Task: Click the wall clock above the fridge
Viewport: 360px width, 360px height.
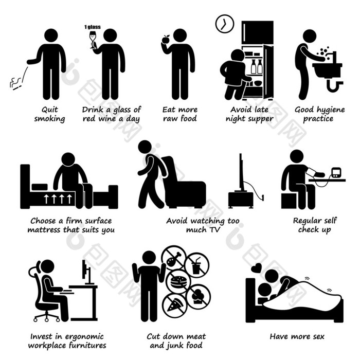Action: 225,24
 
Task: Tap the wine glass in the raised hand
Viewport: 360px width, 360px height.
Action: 93,40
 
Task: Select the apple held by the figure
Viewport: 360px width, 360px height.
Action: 165,39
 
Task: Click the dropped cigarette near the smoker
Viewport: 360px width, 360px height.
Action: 17,87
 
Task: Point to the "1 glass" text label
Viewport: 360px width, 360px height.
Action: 92,27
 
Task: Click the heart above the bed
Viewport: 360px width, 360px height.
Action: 256,268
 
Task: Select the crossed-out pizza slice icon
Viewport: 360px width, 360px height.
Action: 175,304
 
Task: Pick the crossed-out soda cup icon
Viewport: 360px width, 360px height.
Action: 197,265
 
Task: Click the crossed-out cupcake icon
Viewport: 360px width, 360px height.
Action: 198,296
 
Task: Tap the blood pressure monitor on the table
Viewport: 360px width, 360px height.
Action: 336,173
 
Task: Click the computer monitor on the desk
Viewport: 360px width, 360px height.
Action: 87,272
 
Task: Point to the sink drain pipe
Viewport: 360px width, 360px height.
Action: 335,85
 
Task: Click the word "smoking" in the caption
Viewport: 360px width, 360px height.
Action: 49,119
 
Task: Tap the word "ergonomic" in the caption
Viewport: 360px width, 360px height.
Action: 84,337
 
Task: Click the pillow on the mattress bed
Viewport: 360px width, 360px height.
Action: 40,187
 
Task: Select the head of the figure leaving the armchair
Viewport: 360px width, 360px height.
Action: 145,147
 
